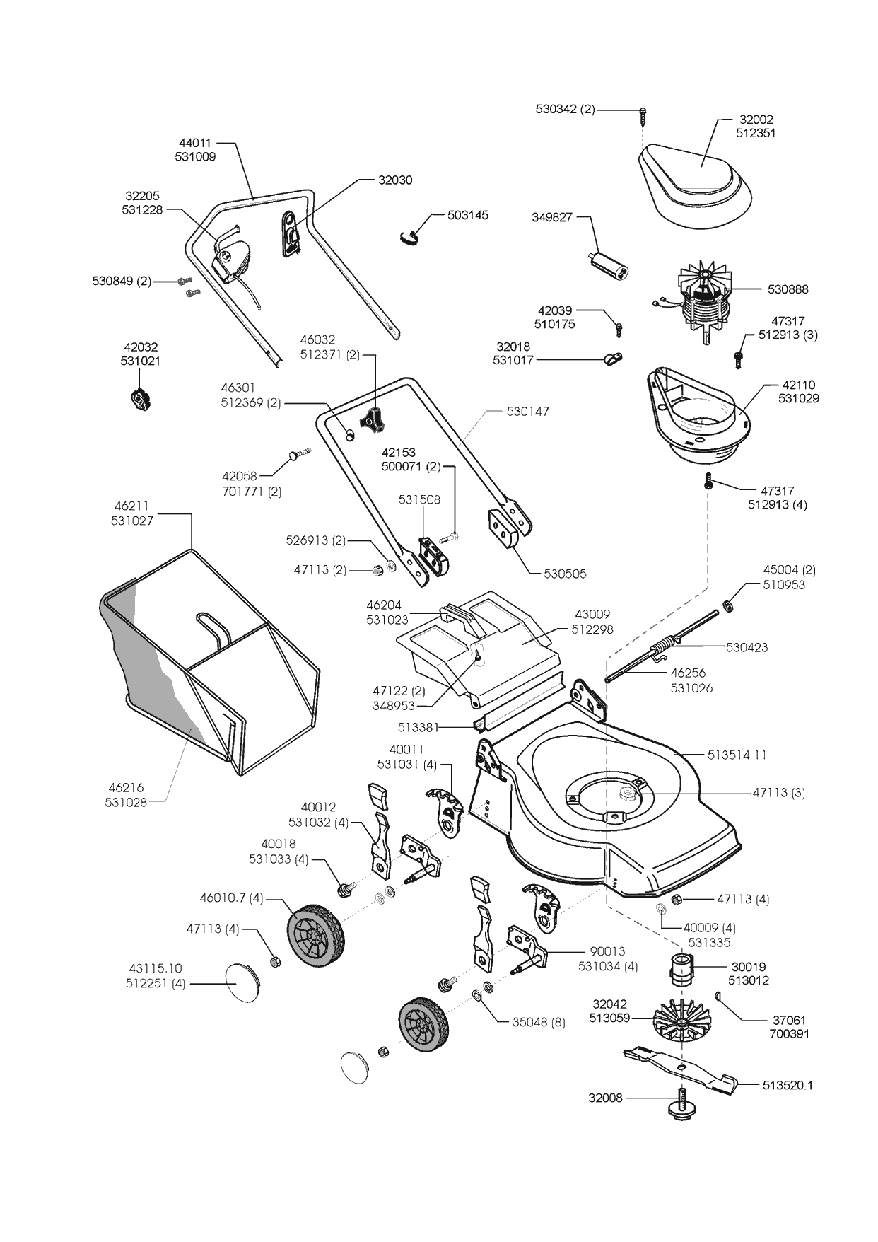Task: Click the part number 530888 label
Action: tap(788, 289)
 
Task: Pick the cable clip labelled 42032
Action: tap(141, 400)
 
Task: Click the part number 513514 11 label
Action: tap(737, 755)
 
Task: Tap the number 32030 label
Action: tap(395, 180)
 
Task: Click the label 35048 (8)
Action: tap(539, 1022)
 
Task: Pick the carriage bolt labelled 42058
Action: tap(298, 453)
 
